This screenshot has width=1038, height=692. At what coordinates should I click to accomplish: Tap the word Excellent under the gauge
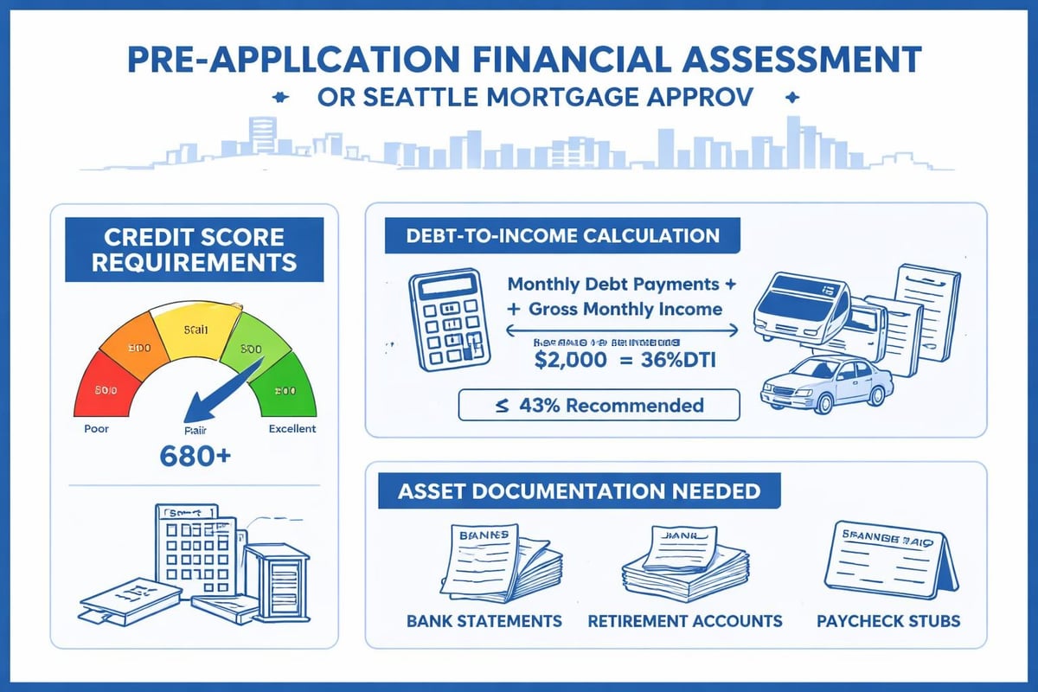(x=292, y=429)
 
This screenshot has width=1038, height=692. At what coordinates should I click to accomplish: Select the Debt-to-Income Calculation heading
(x=562, y=236)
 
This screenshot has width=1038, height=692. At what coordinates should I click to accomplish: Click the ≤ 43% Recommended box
(x=599, y=405)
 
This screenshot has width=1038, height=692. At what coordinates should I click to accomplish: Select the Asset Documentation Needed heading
(x=580, y=491)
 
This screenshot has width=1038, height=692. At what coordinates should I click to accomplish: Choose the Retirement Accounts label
(x=684, y=621)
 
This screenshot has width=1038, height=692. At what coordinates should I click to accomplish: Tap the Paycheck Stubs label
(x=888, y=621)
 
